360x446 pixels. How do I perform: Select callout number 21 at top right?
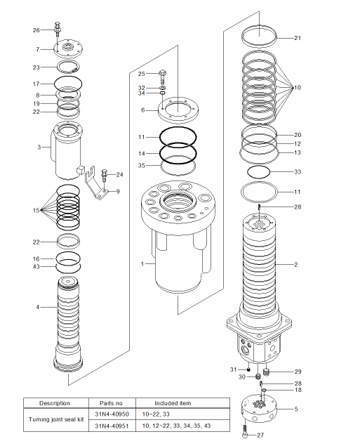tap(298, 38)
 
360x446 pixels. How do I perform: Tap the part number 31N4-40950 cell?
tap(112, 414)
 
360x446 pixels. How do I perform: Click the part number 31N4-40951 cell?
tap(112, 426)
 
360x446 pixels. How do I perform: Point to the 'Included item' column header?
tap(173, 403)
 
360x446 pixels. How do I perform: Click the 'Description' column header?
tap(55, 403)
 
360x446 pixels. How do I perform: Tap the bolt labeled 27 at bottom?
tap(245, 431)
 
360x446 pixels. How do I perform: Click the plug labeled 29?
tap(266, 372)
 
